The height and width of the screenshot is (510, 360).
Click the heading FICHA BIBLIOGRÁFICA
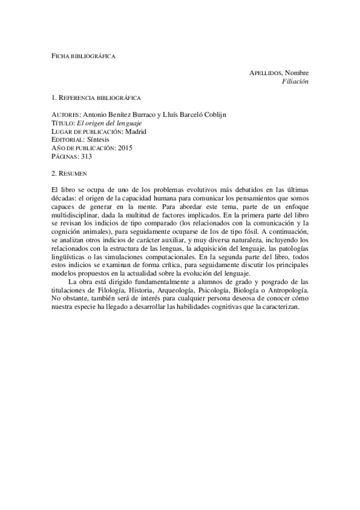click(x=83, y=56)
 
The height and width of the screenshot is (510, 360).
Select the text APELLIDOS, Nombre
click(x=278, y=72)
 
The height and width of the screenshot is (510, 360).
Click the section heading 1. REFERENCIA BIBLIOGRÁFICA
click(x=97, y=97)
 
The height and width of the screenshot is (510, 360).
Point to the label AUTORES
click(x=66, y=114)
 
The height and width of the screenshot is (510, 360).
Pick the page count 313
click(x=86, y=156)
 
